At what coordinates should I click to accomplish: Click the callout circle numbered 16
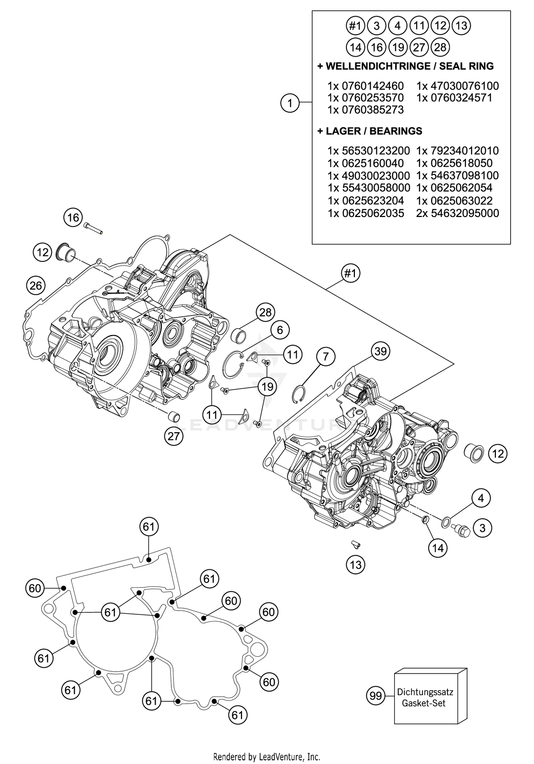(73, 217)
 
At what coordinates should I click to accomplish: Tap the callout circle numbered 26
(36, 285)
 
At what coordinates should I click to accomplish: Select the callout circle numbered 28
(266, 313)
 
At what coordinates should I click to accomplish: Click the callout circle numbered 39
(381, 351)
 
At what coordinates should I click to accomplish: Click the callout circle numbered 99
(376, 696)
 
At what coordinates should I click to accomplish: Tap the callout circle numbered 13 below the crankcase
(356, 565)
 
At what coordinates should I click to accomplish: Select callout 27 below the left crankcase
(173, 436)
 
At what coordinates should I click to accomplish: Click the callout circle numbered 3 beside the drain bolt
(482, 528)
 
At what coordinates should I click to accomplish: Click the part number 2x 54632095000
(457, 213)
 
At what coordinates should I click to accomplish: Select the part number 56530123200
(376, 151)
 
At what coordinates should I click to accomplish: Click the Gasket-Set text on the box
(424, 703)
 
